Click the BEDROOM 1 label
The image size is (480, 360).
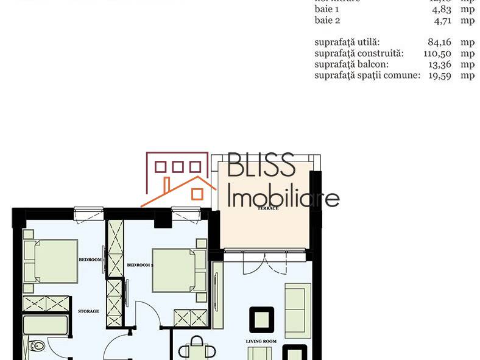tap(90, 260)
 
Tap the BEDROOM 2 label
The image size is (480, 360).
tap(139, 265)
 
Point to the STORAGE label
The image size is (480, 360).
tap(88, 311)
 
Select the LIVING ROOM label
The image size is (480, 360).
tap(261, 341)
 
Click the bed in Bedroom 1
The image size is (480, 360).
tap(51, 261)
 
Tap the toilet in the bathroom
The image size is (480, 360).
tap(37, 346)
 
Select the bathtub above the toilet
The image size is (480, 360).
tap(45, 324)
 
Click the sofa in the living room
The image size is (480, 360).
tap(298, 310)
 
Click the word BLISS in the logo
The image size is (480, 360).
tap(261, 166)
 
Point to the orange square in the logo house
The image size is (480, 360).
tap(197, 194)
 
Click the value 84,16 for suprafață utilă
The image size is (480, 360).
tap(439, 42)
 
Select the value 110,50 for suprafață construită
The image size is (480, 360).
tap(437, 53)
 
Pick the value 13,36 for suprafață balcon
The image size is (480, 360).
tap(439, 64)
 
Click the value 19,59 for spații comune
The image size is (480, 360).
tap(439, 75)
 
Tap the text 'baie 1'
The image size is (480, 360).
tap(326, 10)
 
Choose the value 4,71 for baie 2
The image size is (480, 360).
tap(442, 20)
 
